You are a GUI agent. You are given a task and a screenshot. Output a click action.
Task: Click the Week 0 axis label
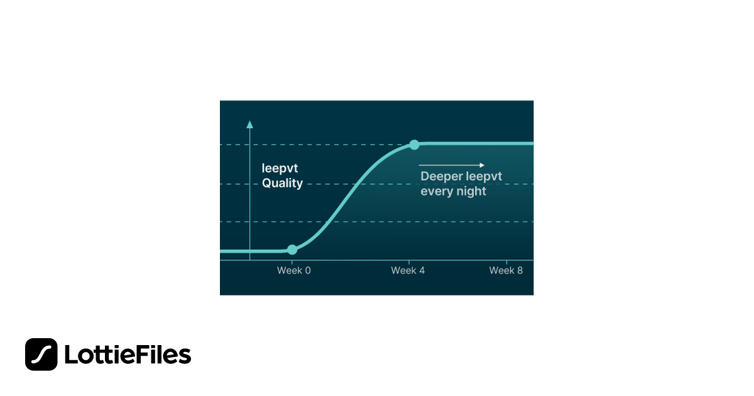[x=294, y=271]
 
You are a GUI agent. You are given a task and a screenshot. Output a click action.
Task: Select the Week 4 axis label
[x=408, y=271]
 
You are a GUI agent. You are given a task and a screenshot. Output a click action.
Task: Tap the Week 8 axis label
[x=506, y=271]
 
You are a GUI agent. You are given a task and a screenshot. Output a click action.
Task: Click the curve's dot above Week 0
[x=292, y=250]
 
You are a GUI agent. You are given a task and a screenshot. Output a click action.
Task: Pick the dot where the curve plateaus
[x=414, y=145]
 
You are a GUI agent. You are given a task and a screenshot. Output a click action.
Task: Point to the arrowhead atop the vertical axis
[x=250, y=124]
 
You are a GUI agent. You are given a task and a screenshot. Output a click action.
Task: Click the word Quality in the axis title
[x=282, y=184]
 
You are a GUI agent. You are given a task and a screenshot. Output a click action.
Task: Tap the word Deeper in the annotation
[x=441, y=177]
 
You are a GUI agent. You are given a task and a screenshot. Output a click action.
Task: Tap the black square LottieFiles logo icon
[x=41, y=355]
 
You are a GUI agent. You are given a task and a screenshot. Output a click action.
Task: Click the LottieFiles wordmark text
[x=128, y=355]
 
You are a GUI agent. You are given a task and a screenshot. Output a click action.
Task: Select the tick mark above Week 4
[x=409, y=262]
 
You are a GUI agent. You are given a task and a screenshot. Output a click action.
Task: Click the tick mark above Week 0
[x=292, y=262]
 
